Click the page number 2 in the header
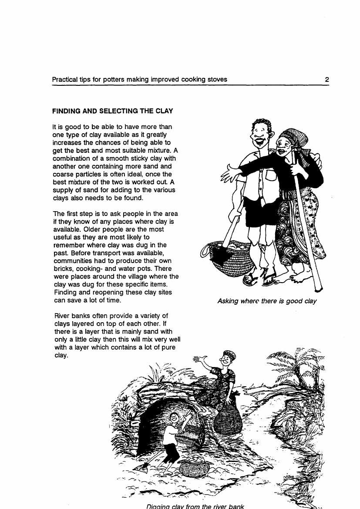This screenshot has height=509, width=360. (x=326, y=80)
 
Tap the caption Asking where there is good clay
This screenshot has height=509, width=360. (x=267, y=300)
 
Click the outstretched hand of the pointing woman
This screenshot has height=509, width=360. (x=231, y=174)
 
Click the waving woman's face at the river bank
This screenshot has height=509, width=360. (x=226, y=360)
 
